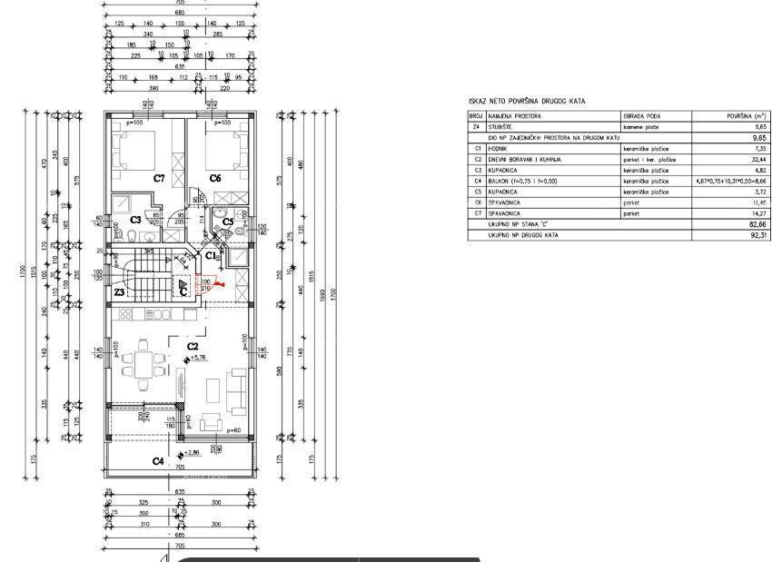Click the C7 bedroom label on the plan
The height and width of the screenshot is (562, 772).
(158, 178)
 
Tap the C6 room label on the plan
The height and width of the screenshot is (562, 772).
(215, 178)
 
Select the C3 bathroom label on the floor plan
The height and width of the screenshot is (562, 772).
(134, 220)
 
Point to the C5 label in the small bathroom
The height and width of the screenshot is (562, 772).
(228, 221)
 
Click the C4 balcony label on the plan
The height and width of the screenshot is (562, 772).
(158, 460)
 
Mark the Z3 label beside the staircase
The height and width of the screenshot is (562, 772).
(119, 292)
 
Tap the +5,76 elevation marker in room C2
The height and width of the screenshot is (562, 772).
(197, 360)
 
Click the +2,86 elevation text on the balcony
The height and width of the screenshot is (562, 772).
(190, 452)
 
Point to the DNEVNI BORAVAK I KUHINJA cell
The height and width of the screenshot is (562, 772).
(525, 159)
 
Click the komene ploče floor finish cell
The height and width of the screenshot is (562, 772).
(641, 128)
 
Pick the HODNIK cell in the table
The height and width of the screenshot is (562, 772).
(498, 148)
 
